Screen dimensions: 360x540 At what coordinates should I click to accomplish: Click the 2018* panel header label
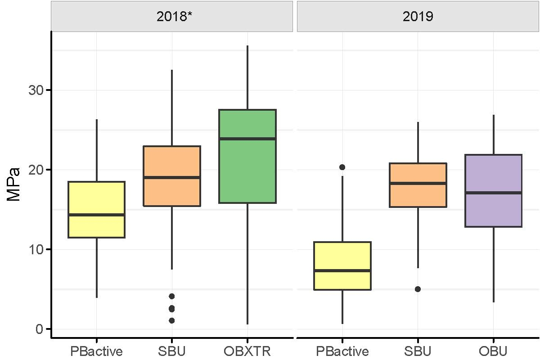172,17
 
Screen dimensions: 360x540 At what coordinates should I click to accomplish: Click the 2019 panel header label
418,17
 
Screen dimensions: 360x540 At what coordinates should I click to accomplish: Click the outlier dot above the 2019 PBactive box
342,167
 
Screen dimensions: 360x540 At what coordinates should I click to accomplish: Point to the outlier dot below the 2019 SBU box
418,289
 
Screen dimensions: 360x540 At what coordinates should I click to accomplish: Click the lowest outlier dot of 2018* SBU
171,320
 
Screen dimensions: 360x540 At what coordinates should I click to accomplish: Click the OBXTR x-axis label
247,351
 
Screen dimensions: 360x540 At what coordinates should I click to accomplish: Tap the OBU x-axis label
493,351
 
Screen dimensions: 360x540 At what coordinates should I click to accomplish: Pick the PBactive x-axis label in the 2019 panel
342,351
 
